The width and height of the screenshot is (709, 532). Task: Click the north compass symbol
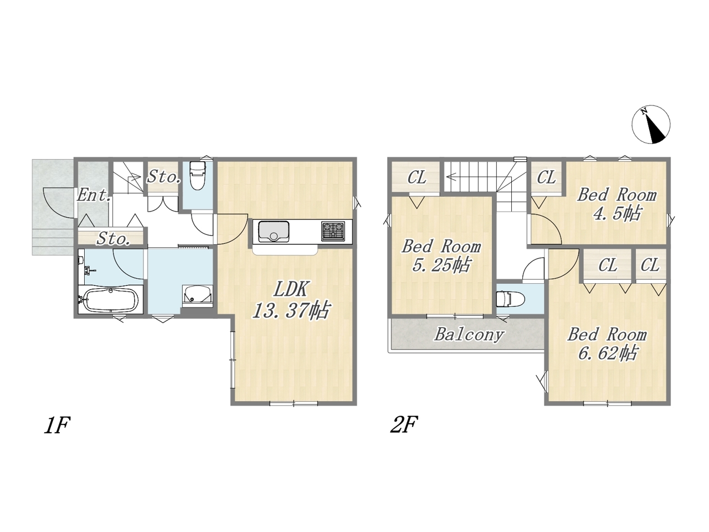tap(650, 124)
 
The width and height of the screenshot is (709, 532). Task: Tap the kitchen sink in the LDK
tap(274, 231)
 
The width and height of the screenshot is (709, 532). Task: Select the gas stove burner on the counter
tap(333, 231)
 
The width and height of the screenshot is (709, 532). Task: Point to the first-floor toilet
tap(197, 176)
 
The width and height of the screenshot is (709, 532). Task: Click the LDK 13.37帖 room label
tap(291, 300)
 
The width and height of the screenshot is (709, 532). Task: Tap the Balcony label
tap(469, 335)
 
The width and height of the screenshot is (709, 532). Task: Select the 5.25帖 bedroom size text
tap(441, 265)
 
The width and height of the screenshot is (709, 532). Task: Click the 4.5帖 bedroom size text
tap(617, 213)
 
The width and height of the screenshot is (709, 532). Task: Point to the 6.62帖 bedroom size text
tap(607, 353)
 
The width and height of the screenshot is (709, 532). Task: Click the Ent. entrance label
tap(94, 195)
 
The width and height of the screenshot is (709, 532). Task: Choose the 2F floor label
tap(404, 424)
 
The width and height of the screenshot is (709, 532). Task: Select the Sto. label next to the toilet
tap(163, 177)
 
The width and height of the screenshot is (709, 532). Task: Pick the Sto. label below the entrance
tap(114, 239)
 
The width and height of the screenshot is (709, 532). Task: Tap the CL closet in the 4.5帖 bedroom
tap(547, 177)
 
